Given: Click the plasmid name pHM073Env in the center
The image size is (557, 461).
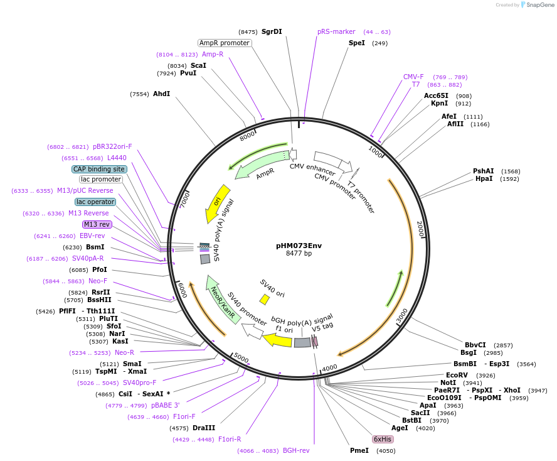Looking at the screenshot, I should (x=299, y=246).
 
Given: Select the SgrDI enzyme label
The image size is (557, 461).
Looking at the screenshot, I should (x=272, y=31).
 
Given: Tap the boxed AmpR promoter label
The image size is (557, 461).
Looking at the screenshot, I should (x=225, y=43).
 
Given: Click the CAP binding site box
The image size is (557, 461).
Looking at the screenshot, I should (x=99, y=169).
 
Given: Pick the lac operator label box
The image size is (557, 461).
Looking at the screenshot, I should (x=95, y=202).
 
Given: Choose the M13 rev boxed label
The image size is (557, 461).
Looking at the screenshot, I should (x=97, y=224).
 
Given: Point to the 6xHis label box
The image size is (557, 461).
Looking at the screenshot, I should (x=383, y=439).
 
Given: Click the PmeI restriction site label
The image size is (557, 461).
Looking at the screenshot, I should (x=359, y=450).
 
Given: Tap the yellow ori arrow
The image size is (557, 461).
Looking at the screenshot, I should (x=216, y=202).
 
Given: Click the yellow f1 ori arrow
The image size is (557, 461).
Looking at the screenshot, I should (x=278, y=340).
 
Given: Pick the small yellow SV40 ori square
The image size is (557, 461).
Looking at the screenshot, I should (x=265, y=300).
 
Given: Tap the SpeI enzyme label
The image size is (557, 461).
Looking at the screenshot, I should (x=356, y=43).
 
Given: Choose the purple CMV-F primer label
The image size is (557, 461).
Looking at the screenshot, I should (x=413, y=77).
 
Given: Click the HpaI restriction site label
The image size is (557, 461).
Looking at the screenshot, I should (x=484, y=179).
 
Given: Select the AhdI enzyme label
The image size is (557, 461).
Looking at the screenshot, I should (x=161, y=94).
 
